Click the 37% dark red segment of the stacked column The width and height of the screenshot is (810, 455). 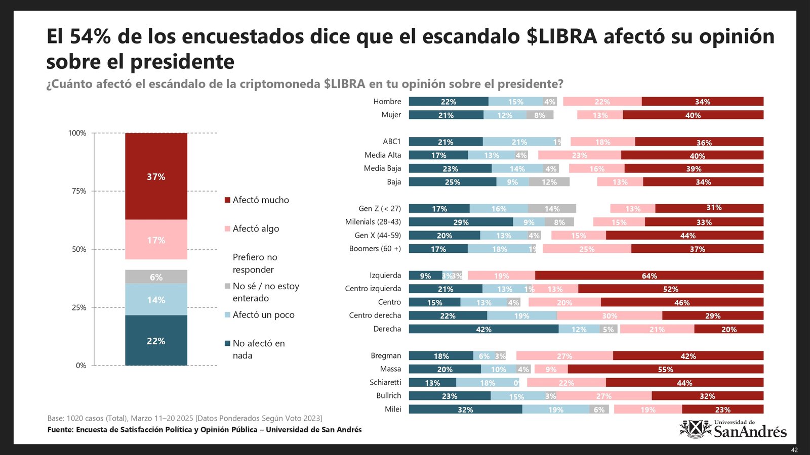pyautogui.click(x=156, y=176)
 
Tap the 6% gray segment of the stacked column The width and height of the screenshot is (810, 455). pyautogui.click(x=156, y=277)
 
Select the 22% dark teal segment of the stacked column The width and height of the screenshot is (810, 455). pyautogui.click(x=156, y=340)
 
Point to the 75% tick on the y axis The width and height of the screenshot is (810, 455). pyautogui.click(x=79, y=191)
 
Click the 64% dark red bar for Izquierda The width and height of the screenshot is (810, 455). pyautogui.click(x=649, y=276)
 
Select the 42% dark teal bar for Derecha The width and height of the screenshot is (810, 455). pyautogui.click(x=483, y=329)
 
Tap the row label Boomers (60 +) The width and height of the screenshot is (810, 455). pyautogui.click(x=375, y=249)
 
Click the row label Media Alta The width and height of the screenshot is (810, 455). pyautogui.click(x=382, y=155)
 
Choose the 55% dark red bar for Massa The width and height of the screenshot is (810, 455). pyautogui.click(x=665, y=370)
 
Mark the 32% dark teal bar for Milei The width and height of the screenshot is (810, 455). pyautogui.click(x=465, y=409)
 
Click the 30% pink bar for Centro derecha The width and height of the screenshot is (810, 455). pyautogui.click(x=610, y=316)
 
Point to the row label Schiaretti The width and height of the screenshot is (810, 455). pyautogui.click(x=385, y=383)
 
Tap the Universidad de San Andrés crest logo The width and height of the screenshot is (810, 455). pyautogui.click(x=696, y=429)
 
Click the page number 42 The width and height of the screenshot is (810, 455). pyautogui.click(x=794, y=450)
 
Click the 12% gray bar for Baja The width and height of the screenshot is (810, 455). pyautogui.click(x=549, y=182)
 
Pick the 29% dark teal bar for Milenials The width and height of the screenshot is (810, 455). pyautogui.click(x=461, y=222)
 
